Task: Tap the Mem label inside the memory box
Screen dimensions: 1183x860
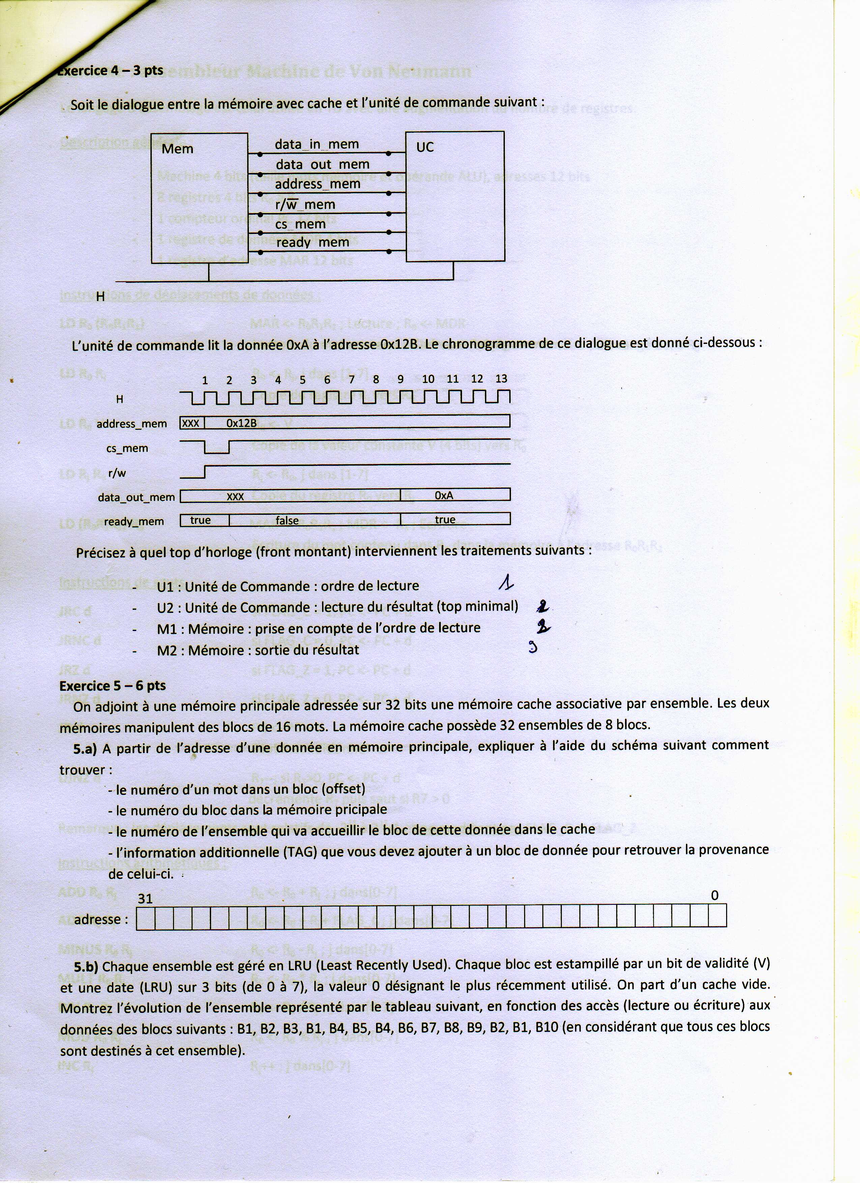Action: coord(177,149)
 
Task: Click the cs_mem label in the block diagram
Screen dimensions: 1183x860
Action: coord(300,224)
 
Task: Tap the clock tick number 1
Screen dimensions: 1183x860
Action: coord(205,380)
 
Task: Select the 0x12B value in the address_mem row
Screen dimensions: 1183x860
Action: coord(241,423)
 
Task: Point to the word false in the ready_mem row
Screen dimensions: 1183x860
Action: coord(287,521)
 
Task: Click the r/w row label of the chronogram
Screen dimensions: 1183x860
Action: coord(117,473)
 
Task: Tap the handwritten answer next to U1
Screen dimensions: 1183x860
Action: coord(505,582)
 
